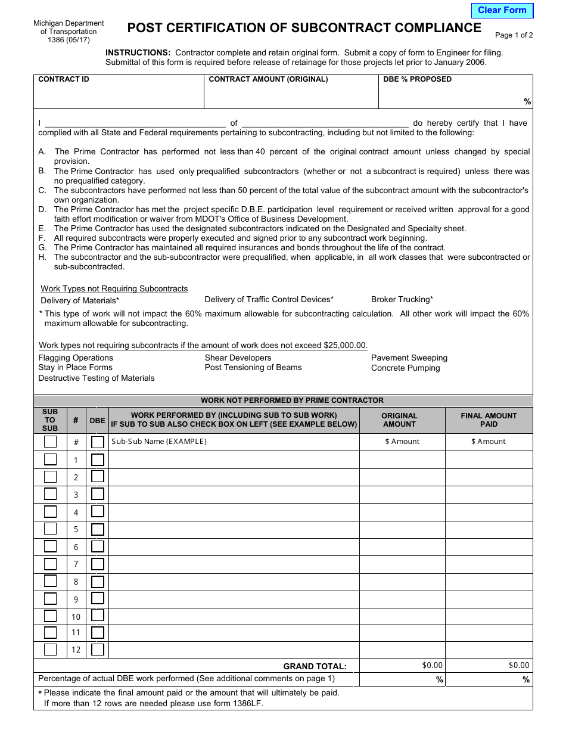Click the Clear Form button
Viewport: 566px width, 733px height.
(502, 10)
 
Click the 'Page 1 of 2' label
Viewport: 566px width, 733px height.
(514, 35)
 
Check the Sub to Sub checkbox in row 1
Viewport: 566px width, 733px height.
(51, 459)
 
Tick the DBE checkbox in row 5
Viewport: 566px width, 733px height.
(98, 529)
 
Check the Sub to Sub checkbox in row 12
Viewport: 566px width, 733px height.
(51, 650)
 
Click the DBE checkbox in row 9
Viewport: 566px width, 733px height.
(98, 598)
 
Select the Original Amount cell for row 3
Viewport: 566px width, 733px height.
(402, 495)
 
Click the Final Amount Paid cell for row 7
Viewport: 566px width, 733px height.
(489, 564)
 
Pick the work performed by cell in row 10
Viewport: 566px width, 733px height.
(234, 616)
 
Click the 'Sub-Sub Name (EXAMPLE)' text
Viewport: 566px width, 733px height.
(159, 442)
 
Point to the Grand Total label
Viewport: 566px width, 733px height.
(315, 666)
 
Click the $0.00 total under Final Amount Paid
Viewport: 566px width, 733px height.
(518, 665)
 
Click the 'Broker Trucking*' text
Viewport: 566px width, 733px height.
(402, 299)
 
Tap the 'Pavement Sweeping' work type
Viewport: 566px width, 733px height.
(409, 358)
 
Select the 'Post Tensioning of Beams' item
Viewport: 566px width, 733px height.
(253, 367)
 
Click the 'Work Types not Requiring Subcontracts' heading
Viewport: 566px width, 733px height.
(114, 288)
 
